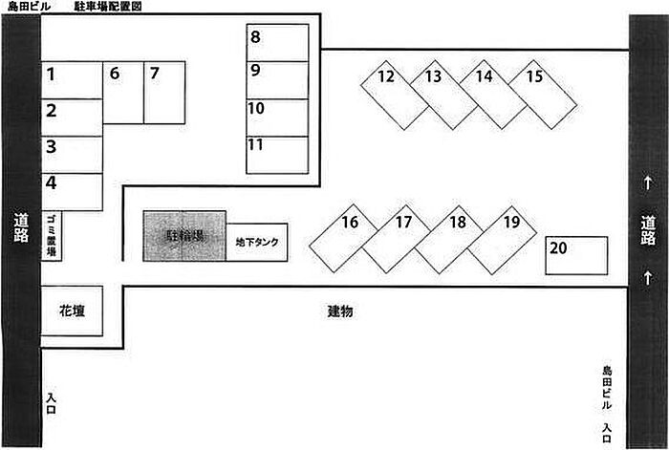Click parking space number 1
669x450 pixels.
pyautogui.click(x=71, y=80)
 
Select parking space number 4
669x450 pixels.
pyautogui.click(x=71, y=191)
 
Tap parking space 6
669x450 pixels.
pyautogui.click(x=122, y=93)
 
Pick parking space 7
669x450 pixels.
pyautogui.click(x=163, y=93)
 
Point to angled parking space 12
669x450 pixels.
pyautogui.click(x=394, y=95)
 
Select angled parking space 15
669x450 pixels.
pyautogui.click(x=543, y=93)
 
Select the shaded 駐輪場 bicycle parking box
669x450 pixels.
pyautogui.click(x=184, y=236)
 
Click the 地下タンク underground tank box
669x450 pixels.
pyautogui.click(x=257, y=243)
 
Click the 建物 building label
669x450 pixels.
pyautogui.click(x=341, y=311)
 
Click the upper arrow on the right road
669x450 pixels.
pyautogui.click(x=647, y=182)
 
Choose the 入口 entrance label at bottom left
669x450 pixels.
pyautogui.click(x=52, y=402)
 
